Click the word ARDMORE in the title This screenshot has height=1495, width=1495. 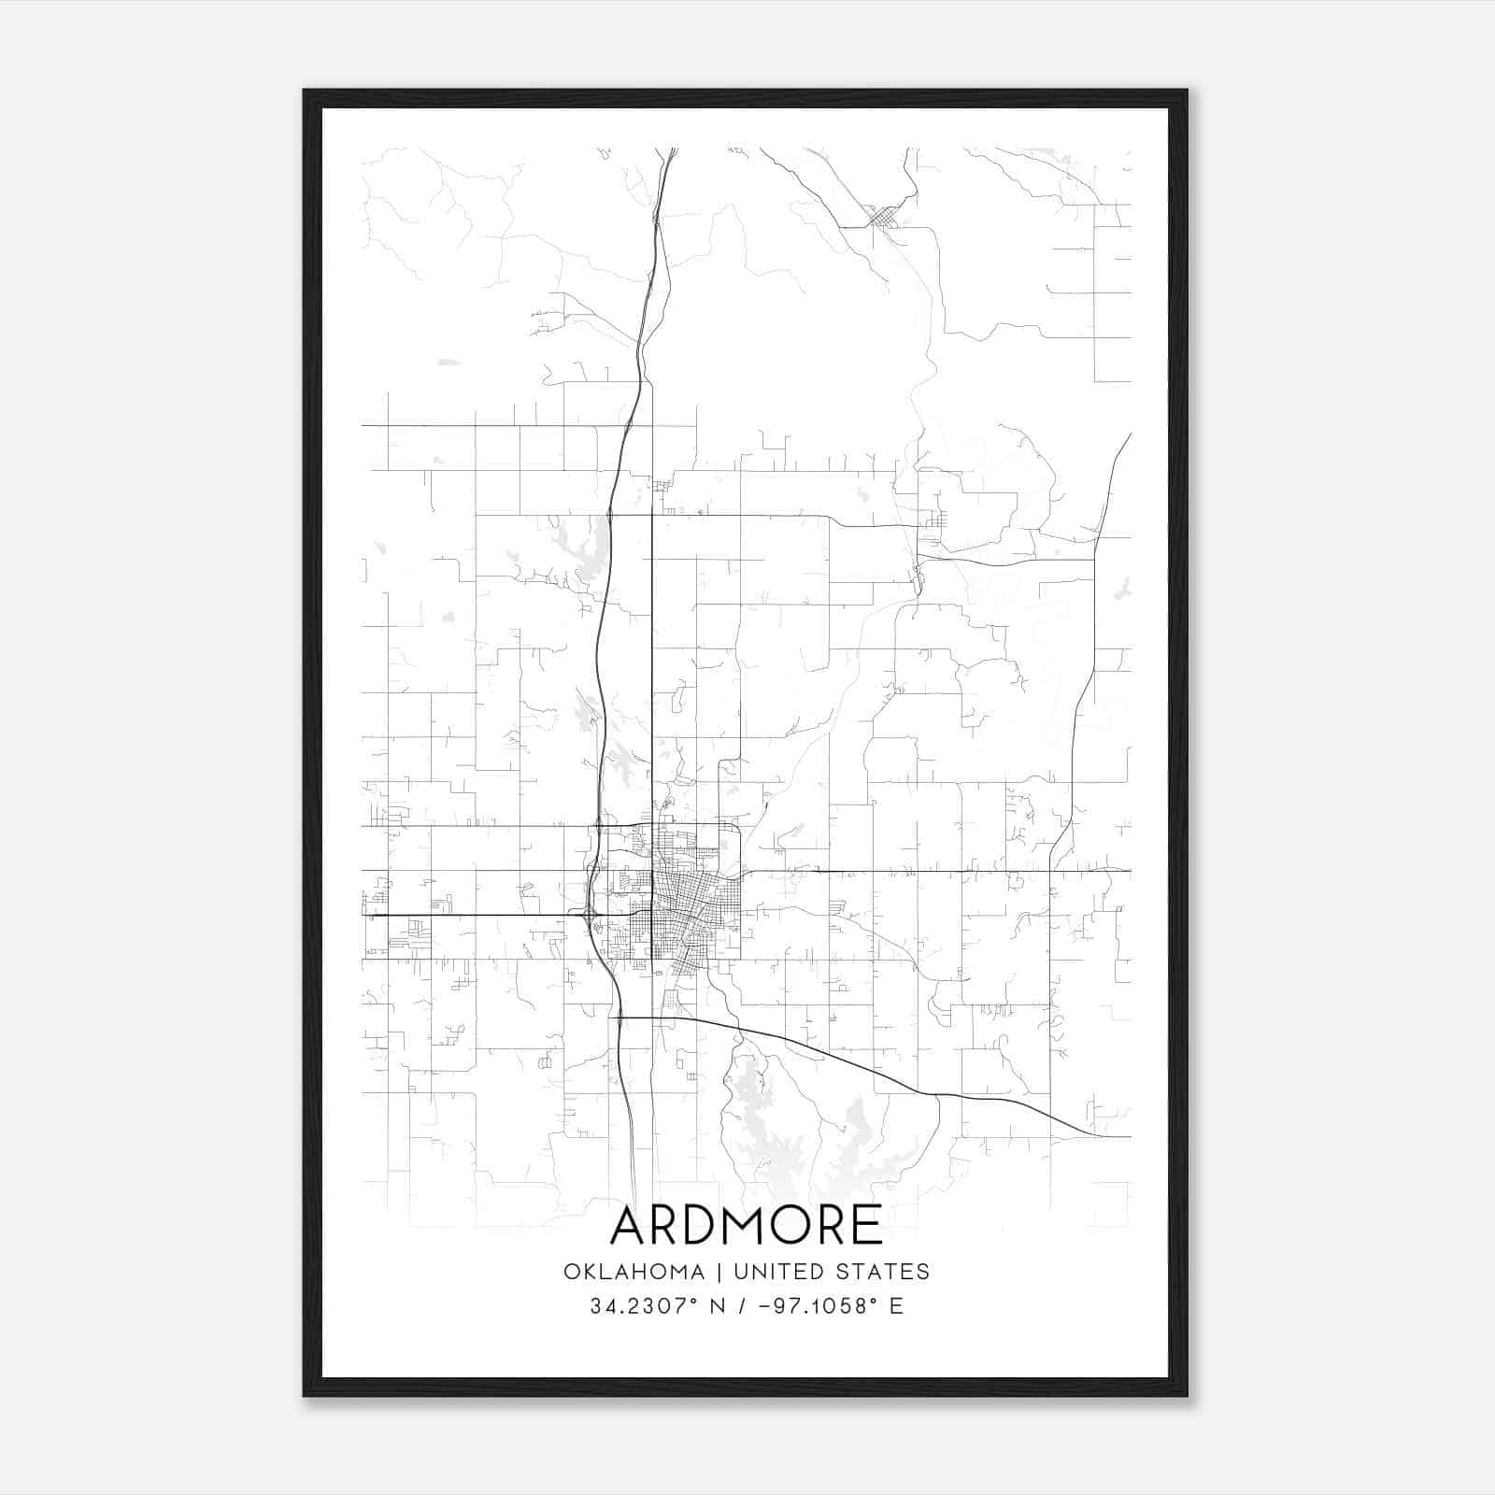[746, 1225]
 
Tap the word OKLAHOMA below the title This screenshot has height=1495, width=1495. [634, 1272]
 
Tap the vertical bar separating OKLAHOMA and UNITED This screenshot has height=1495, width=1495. [719, 1272]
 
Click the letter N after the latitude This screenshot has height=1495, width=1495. [719, 1306]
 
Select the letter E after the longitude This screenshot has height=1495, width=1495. [896, 1306]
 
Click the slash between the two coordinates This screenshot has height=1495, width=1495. [741, 1306]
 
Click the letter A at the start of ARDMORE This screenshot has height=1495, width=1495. [628, 1225]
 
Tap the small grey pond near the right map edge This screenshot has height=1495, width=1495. [1124, 589]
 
